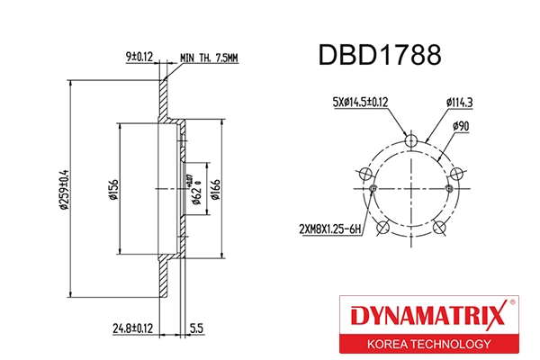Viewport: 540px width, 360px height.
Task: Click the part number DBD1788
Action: pos(379,56)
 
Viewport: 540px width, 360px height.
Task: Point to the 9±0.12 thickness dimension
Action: pos(139,57)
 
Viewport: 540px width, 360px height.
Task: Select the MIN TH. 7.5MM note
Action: pos(208,58)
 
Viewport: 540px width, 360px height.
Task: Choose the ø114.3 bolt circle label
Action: pos(460,103)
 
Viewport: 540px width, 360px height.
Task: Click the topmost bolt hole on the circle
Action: pos(410,140)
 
